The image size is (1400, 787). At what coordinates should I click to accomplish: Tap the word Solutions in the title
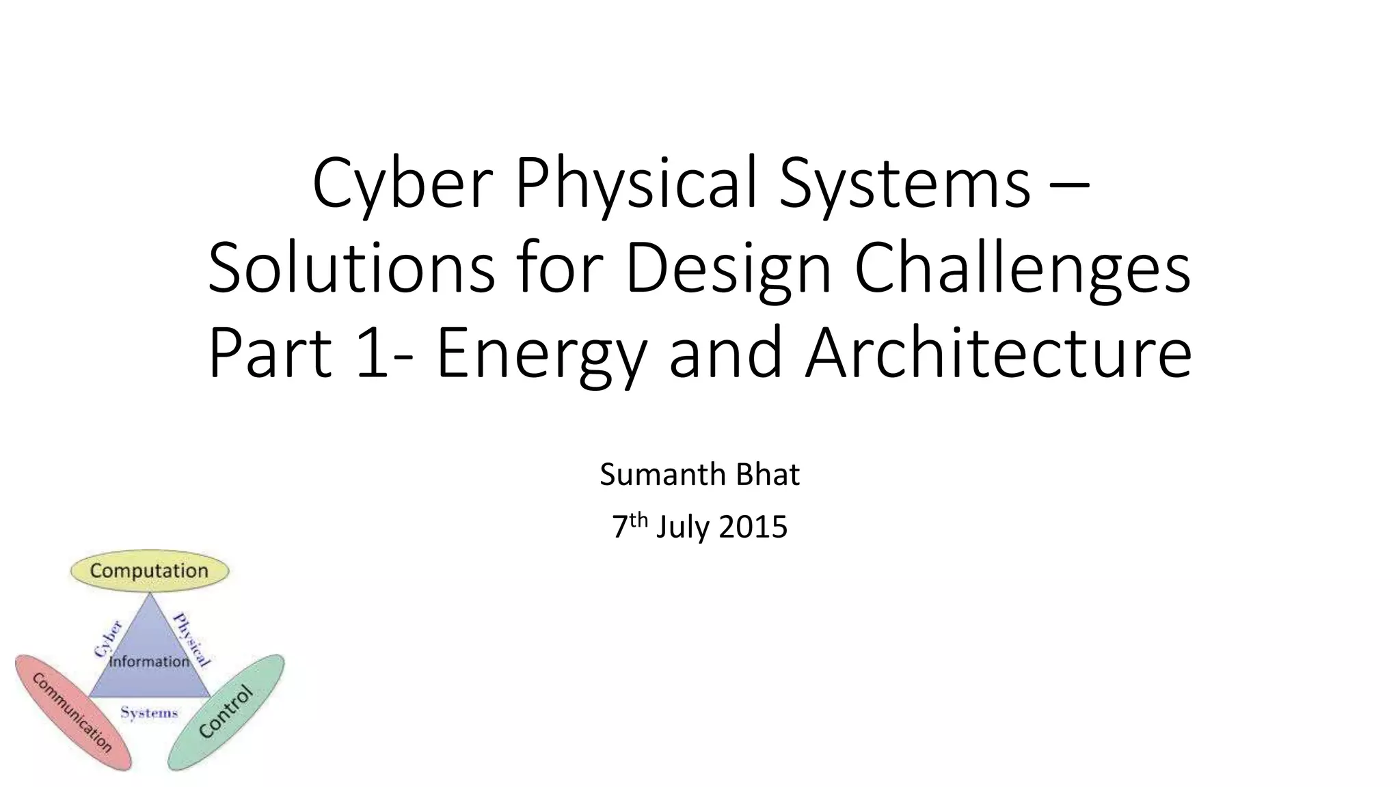tap(351, 269)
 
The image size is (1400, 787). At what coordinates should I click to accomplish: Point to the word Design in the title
tap(728, 269)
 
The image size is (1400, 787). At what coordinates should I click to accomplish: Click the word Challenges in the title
tap(1023, 269)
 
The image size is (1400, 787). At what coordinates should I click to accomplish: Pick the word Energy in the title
tap(540, 354)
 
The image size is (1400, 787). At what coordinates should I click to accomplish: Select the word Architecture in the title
tap(999, 354)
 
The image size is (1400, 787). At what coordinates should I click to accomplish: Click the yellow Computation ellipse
tap(149, 570)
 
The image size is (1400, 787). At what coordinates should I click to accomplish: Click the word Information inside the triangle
tap(149, 661)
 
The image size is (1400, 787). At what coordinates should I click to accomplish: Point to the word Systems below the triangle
tap(149, 713)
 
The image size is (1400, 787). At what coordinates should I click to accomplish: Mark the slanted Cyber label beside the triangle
tap(108, 639)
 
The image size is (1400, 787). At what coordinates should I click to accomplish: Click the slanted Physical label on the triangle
tap(192, 639)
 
